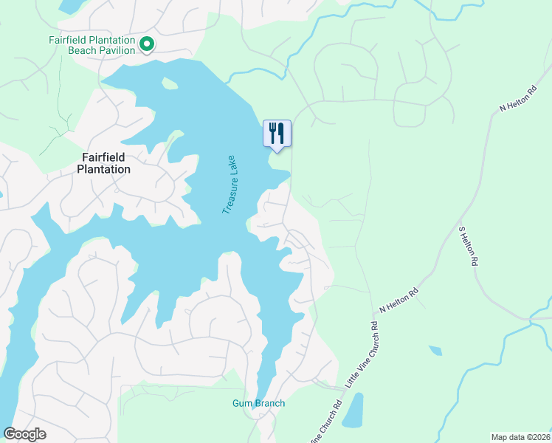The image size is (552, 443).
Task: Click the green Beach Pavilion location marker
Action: [x=147, y=45]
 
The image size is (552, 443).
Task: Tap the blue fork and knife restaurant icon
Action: [x=277, y=134]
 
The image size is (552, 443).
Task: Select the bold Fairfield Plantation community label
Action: [x=104, y=163]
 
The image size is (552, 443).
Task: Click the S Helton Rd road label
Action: [x=469, y=246]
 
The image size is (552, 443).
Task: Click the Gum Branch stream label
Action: [x=258, y=403]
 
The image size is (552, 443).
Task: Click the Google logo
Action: [x=25, y=434]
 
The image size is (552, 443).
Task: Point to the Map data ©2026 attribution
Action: [x=520, y=437]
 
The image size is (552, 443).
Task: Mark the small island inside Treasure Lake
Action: [x=169, y=83]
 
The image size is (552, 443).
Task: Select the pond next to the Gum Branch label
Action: [x=353, y=410]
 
